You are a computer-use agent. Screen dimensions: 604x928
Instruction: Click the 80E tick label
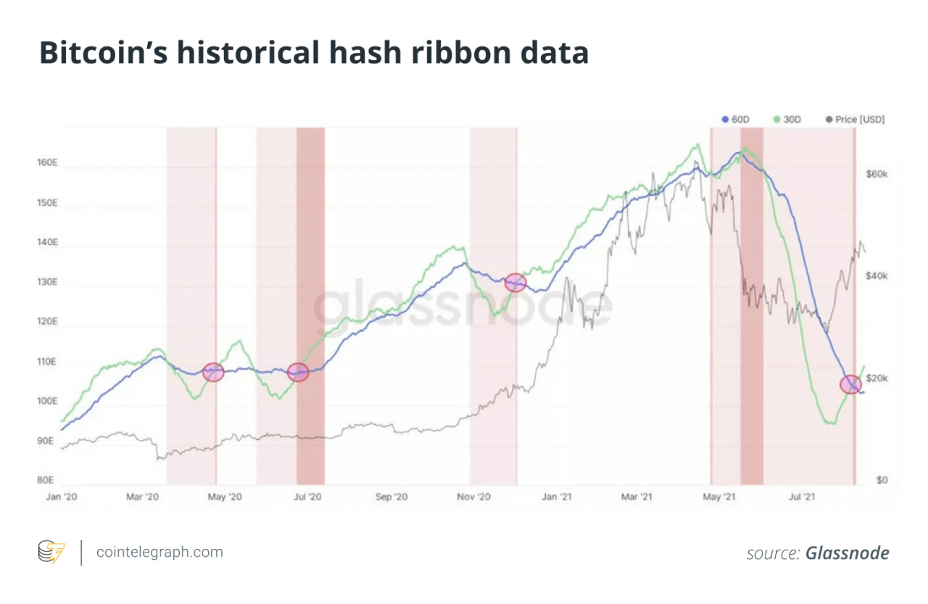(46, 480)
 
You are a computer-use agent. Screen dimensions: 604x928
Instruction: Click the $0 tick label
(882, 480)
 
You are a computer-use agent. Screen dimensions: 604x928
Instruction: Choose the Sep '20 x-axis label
(393, 497)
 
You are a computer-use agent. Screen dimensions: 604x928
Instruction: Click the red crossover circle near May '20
(213, 372)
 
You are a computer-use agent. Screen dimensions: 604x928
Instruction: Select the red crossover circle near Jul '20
(298, 372)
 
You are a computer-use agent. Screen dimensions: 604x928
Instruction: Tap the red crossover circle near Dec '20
(515, 283)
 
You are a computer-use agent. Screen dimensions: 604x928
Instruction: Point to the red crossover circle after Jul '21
(851, 384)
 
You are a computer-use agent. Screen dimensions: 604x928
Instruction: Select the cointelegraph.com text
(160, 552)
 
